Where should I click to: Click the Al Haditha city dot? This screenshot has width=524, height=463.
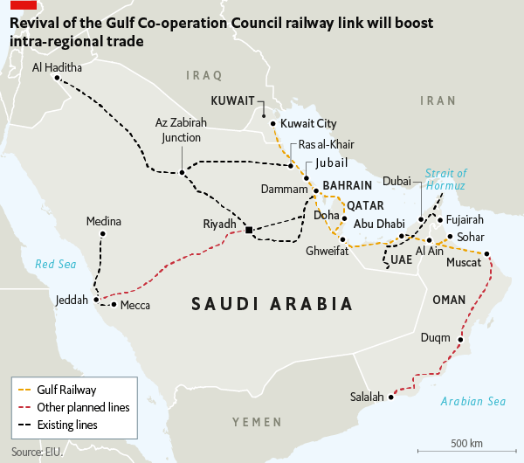coord(57,79)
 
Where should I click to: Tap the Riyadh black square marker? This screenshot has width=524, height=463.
coord(249,230)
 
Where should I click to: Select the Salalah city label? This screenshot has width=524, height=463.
coord(367,397)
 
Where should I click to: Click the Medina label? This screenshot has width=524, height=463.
coord(103,222)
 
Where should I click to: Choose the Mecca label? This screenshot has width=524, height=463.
coord(135,305)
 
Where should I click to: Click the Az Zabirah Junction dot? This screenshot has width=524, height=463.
coord(182,172)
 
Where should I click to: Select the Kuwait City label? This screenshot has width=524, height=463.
coord(308,124)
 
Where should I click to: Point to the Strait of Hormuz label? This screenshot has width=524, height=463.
coord(446,180)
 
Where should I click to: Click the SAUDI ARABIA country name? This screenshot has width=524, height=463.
coord(272,304)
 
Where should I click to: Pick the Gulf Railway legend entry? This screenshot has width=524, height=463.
coord(66,390)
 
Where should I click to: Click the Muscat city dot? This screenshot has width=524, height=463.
coord(486,255)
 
